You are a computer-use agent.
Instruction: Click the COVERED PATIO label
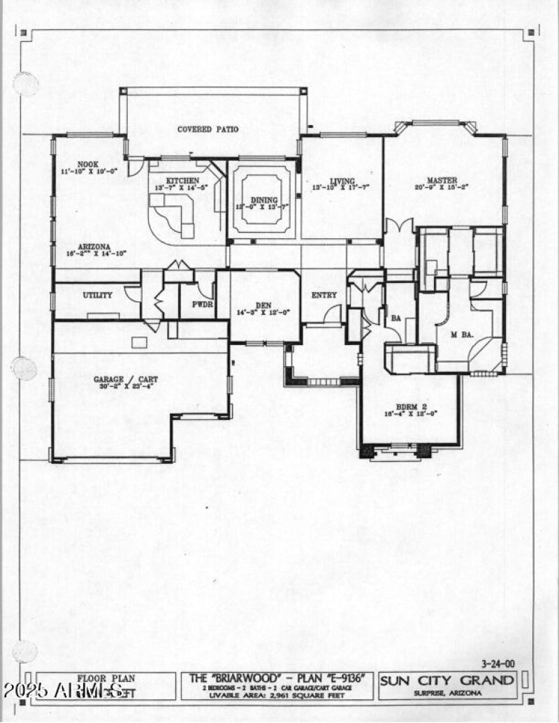click(x=208, y=129)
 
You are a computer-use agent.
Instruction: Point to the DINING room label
click(x=265, y=198)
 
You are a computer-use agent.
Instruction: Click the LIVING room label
click(x=332, y=180)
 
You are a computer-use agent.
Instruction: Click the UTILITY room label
click(x=97, y=295)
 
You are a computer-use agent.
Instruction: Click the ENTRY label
click(x=324, y=295)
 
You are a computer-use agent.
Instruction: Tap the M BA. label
click(x=462, y=335)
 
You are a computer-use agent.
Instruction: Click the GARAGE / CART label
click(x=126, y=379)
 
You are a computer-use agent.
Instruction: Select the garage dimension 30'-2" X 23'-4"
click(x=126, y=388)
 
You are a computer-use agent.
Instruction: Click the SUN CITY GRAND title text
click(x=448, y=680)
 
